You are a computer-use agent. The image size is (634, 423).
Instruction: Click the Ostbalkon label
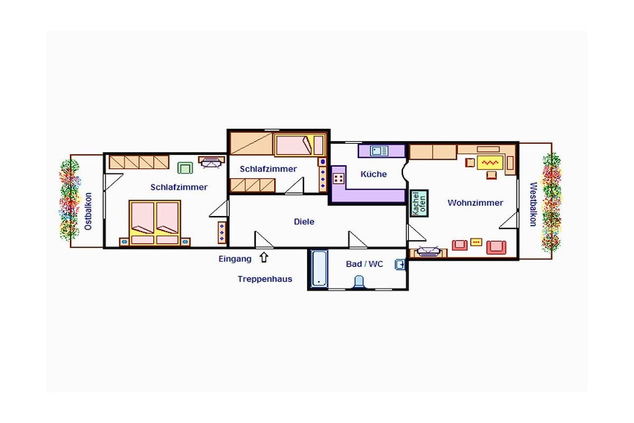point(88,211)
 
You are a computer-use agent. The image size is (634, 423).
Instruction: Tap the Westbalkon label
point(533,204)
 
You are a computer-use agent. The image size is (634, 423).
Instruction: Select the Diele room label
point(304,222)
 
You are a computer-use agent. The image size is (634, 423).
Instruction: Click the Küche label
point(373,174)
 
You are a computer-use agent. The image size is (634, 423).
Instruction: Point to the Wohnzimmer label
point(475,203)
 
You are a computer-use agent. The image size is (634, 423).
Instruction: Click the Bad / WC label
point(364,264)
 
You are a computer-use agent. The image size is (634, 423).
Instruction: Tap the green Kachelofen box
point(419,203)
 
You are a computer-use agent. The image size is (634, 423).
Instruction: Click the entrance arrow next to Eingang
point(264,257)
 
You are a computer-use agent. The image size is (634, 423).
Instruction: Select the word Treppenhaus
point(265,279)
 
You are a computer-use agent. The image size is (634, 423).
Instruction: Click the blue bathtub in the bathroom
point(319,269)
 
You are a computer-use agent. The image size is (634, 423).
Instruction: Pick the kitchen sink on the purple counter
point(380,151)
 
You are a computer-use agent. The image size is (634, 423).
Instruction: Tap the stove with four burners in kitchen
point(339,178)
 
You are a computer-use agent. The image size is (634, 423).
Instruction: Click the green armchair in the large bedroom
point(185,167)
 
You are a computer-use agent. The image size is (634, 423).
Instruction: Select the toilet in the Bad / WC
point(359,282)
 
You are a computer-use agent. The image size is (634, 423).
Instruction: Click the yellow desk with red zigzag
point(490,162)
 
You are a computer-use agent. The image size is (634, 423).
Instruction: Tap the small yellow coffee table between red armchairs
point(476,242)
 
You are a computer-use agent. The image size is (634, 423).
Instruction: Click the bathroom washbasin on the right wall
point(400,265)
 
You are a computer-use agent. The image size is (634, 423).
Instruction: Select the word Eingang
point(235,259)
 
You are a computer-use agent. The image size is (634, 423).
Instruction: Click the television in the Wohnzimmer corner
point(428,251)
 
